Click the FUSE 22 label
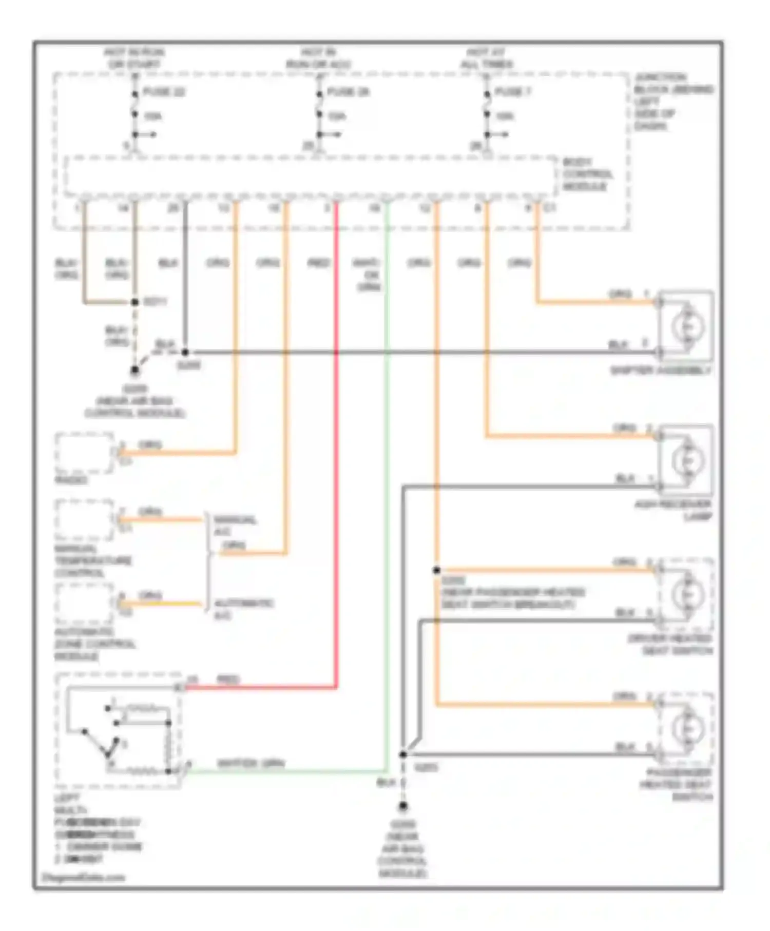click(163, 92)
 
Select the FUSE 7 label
click(512, 92)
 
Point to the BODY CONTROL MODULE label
click(588, 174)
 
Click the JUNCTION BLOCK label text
click(672, 101)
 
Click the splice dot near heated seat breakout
click(436, 570)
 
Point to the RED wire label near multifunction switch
click(227, 680)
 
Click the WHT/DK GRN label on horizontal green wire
click(251, 764)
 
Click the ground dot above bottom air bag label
click(403, 807)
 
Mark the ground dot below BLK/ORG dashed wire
click(135, 370)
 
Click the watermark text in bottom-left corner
click(82, 877)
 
